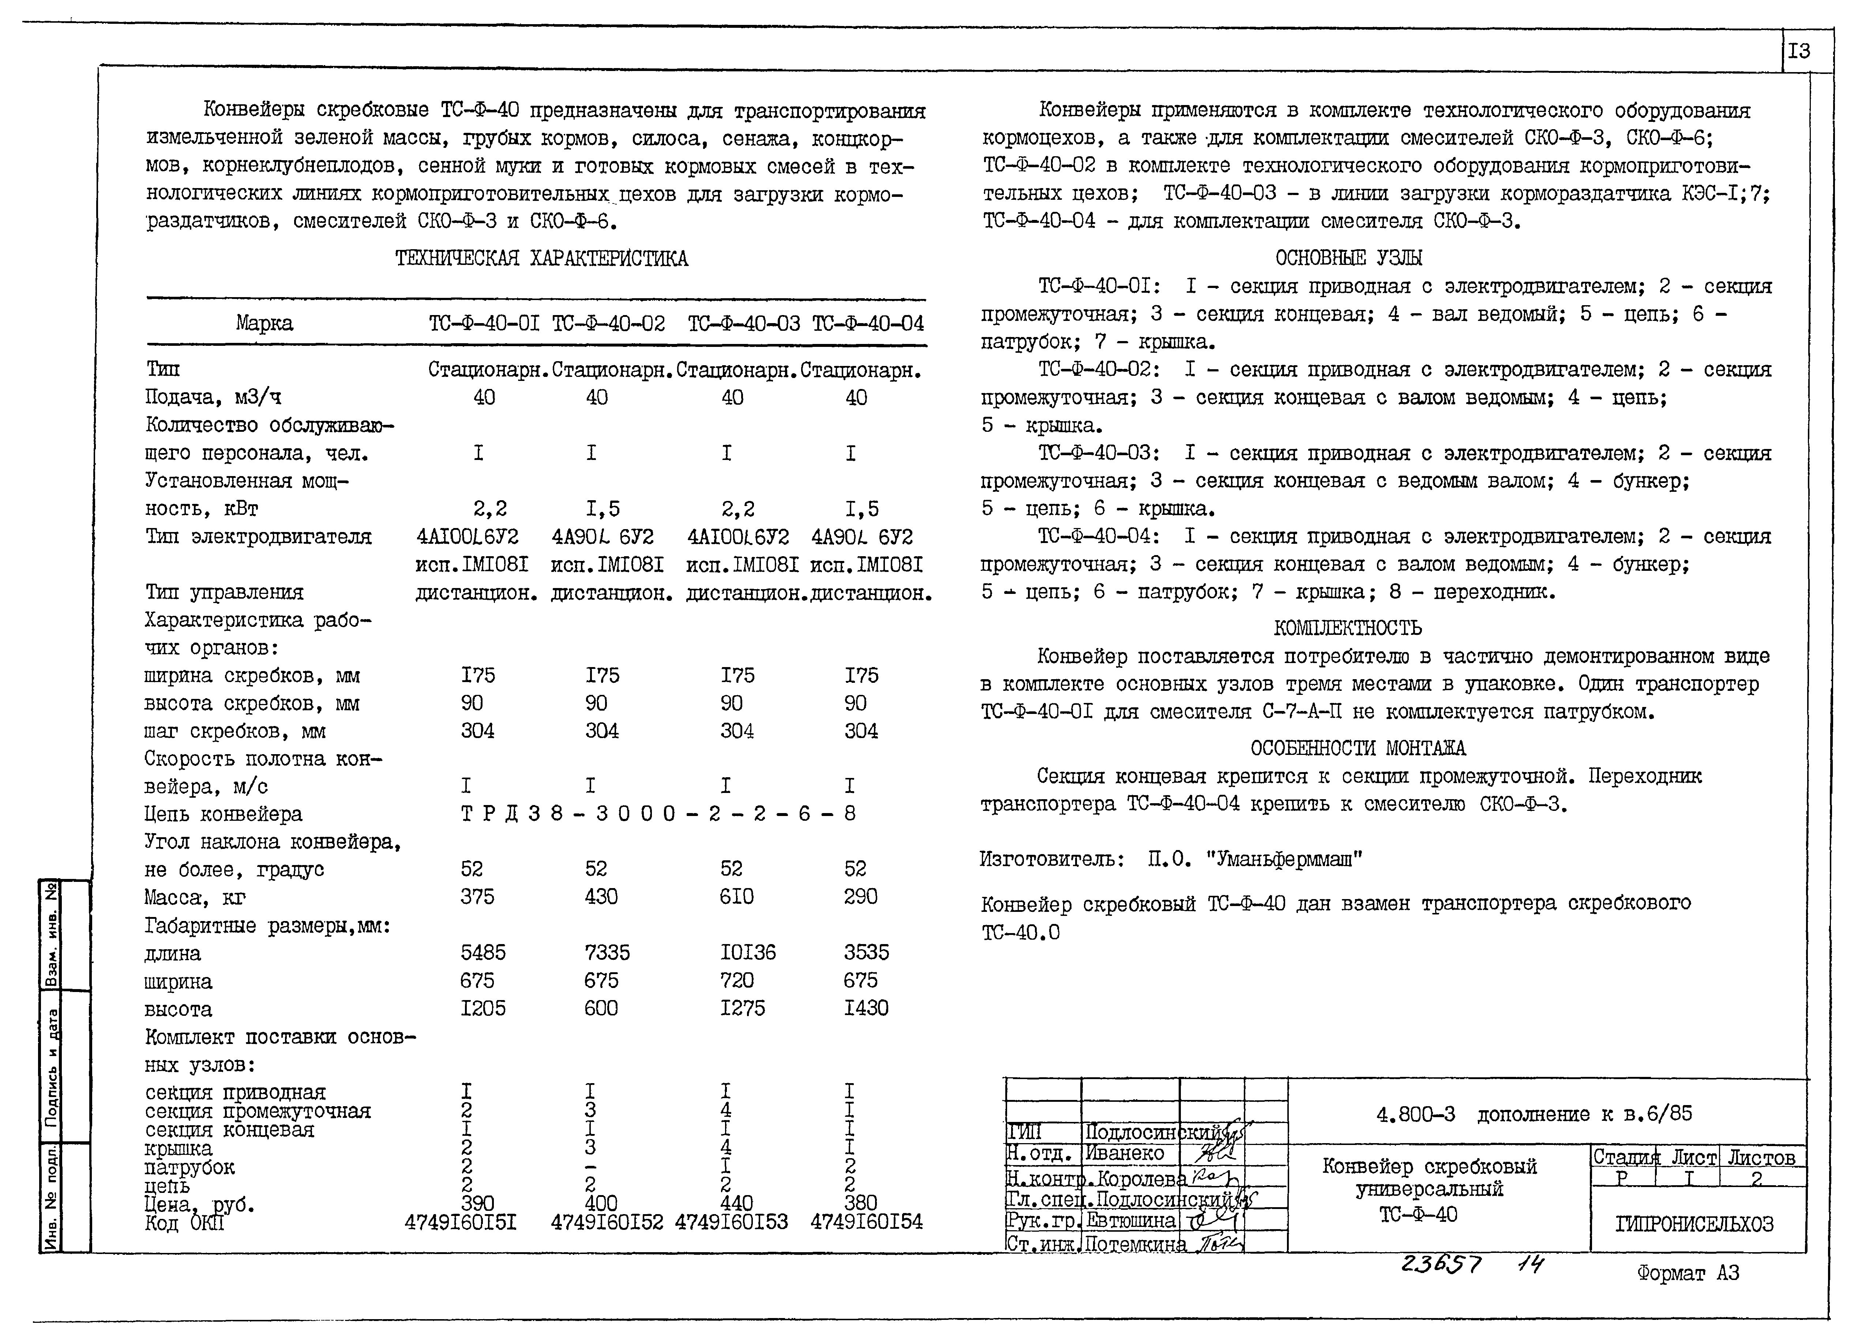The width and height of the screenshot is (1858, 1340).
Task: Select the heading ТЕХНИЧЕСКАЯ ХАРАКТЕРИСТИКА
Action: [541, 259]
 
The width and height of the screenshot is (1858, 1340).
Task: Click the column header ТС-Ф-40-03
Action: [743, 324]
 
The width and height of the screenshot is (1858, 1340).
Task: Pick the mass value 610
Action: [736, 897]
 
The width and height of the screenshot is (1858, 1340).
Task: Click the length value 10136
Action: [747, 952]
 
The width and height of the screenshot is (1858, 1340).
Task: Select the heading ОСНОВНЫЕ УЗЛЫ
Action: [1348, 258]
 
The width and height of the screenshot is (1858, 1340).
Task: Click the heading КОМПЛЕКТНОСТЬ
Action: [1348, 629]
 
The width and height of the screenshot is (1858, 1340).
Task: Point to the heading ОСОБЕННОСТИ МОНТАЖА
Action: [1358, 748]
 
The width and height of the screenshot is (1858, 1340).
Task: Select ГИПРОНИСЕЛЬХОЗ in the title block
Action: [1694, 1224]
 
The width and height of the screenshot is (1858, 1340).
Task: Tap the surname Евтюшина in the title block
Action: [1130, 1220]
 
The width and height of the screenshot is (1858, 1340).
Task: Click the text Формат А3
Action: [1688, 1273]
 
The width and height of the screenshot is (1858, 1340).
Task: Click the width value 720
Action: [736, 980]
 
